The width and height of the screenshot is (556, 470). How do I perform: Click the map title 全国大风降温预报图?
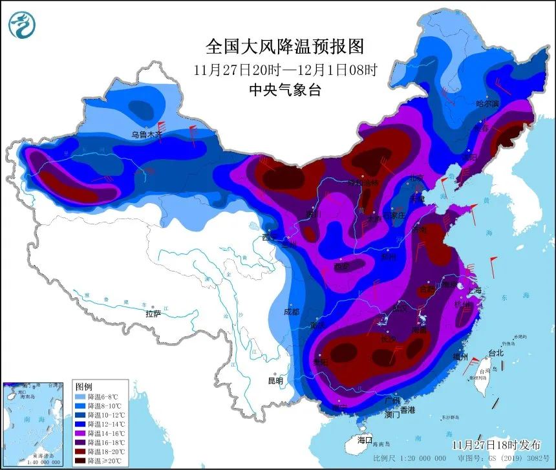click(x=284, y=47)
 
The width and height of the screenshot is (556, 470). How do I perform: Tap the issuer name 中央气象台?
click(x=284, y=90)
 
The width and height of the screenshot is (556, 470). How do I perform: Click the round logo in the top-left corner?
click(x=22, y=24)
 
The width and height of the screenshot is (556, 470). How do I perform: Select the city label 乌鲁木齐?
click(x=145, y=135)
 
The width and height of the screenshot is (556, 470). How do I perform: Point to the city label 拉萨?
click(x=153, y=314)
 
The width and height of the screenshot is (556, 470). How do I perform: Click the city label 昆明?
click(x=275, y=381)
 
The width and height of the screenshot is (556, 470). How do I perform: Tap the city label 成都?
click(x=292, y=312)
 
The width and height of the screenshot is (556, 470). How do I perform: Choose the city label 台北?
click(x=495, y=354)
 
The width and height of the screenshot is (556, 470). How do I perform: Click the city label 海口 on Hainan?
click(x=365, y=440)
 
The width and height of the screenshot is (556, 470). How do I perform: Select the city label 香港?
click(x=407, y=410)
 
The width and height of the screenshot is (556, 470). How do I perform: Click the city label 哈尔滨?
click(x=487, y=103)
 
